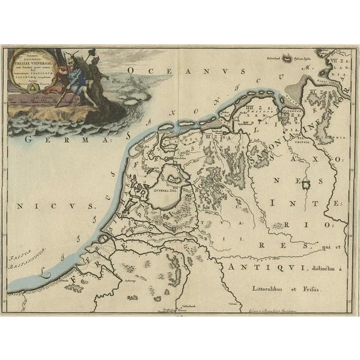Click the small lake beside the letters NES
(305, 185)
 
